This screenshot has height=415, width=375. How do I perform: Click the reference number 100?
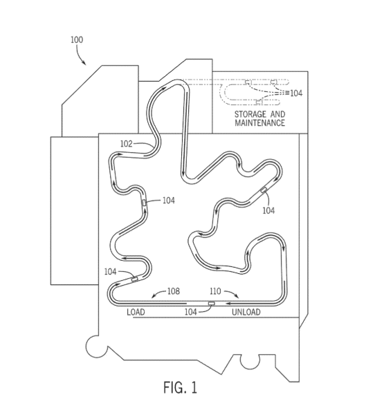(x=77, y=39)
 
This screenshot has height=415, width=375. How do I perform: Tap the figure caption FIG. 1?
(x=180, y=387)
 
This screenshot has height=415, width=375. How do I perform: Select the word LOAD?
(x=136, y=312)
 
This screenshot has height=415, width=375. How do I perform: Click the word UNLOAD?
(x=246, y=312)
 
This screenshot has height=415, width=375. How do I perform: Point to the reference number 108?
(x=174, y=291)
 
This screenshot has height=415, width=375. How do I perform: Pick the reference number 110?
(x=215, y=291)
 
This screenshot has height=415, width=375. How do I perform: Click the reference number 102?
(x=127, y=143)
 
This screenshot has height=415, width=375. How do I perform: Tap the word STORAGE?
(x=250, y=114)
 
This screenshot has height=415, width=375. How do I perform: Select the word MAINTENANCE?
(x=259, y=123)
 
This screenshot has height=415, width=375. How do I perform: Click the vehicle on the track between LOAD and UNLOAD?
(x=212, y=304)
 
